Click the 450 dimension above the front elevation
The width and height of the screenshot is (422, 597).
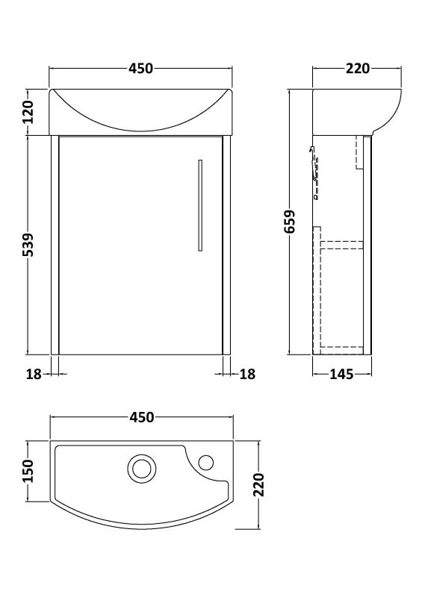pyautogui.click(x=140, y=69)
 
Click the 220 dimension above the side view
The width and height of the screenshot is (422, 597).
pyautogui.click(x=358, y=69)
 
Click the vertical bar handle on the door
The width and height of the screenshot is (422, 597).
pyautogui.click(x=200, y=203)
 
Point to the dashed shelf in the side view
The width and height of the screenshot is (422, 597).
pyautogui.click(x=341, y=243)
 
